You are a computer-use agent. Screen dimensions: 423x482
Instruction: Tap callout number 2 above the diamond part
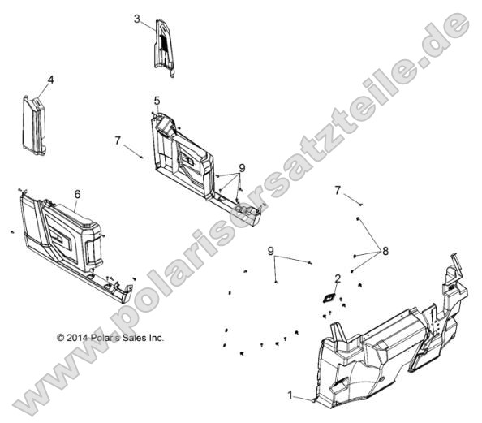point(338,279)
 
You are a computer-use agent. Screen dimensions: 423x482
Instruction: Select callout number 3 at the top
point(137,18)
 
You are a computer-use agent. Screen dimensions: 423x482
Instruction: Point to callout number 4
point(50,80)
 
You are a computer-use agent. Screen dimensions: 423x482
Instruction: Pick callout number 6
point(77,194)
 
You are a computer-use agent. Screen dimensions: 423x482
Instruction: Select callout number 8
point(385,251)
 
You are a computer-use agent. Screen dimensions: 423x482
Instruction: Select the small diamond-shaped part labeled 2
point(329,298)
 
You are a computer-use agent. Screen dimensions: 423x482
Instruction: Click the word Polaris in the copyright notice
point(103,337)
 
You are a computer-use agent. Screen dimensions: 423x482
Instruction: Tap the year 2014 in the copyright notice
point(77,337)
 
